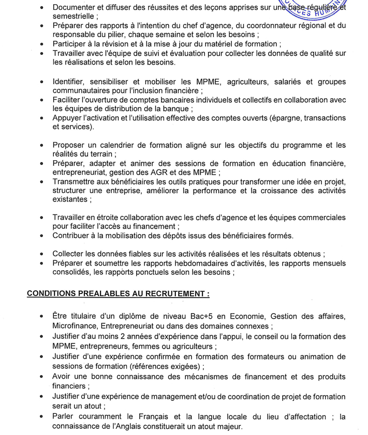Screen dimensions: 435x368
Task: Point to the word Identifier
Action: (70, 82)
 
